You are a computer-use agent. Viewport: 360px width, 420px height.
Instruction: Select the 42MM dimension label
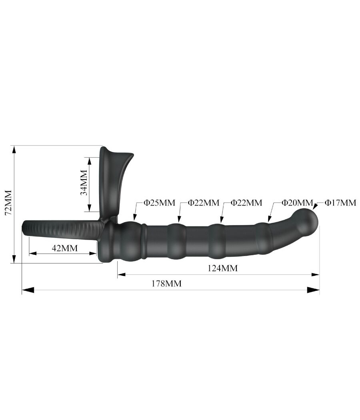pyautogui.click(x=64, y=248)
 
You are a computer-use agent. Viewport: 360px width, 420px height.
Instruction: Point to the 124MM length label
pyautogui.click(x=222, y=268)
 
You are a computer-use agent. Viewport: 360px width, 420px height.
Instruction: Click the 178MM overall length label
pyautogui.click(x=166, y=284)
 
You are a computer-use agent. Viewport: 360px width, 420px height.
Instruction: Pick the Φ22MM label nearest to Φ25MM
pyautogui.click(x=203, y=203)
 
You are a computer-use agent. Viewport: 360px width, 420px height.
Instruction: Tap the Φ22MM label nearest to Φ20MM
pyautogui.click(x=246, y=203)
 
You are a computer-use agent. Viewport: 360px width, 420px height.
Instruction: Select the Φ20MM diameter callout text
pyautogui.click(x=297, y=203)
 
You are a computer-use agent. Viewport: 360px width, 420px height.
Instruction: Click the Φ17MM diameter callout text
pyautogui.click(x=340, y=203)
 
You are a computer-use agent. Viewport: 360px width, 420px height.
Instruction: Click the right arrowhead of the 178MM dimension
pyautogui.click(x=314, y=290)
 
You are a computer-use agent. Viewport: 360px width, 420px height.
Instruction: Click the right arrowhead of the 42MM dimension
pyautogui.click(x=93, y=253)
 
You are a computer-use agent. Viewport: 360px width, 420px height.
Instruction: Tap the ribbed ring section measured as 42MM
pyautogui.click(x=60, y=230)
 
